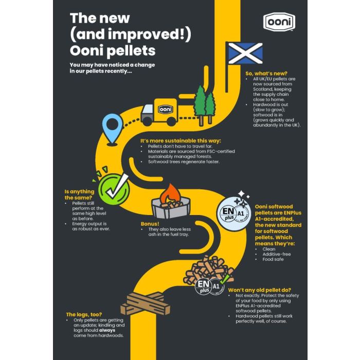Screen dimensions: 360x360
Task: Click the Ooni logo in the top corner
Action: point(279,22)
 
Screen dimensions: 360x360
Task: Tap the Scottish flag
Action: point(245,53)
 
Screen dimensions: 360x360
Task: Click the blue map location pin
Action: point(112,130)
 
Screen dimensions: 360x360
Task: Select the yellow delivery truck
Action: point(159,112)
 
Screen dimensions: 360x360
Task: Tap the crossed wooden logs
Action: point(146,303)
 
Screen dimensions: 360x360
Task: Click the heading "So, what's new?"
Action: point(266,74)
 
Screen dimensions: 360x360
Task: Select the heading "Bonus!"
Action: point(150,224)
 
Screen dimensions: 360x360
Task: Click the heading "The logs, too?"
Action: point(84,315)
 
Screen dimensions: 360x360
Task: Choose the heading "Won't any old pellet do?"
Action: point(259,290)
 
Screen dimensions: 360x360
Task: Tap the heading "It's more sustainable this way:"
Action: point(181,141)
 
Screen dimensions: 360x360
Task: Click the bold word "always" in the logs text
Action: point(107,330)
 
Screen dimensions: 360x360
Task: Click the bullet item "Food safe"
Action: point(273,259)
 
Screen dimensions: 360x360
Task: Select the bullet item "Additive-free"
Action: point(277,254)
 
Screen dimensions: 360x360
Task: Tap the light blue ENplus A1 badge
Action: point(234,214)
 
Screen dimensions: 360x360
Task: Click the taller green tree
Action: point(200,105)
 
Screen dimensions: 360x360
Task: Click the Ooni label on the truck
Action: point(165,109)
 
